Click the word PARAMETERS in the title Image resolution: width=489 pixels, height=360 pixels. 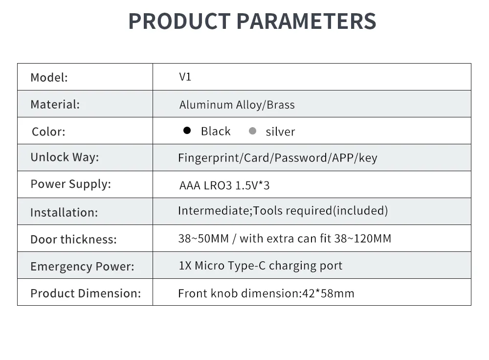click(307, 21)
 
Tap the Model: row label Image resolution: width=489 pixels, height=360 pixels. click(49, 77)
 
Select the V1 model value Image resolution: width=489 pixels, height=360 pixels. click(185, 77)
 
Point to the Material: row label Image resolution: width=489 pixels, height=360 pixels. click(55, 104)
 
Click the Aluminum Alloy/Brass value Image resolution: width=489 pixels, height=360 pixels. click(237, 105)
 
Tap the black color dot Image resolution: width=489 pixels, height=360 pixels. click(187, 131)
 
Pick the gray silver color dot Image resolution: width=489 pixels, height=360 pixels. click(253, 131)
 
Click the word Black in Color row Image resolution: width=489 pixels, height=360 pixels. click(216, 131)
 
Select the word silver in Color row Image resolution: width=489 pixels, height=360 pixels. click(280, 132)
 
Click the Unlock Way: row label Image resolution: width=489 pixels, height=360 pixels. click(65, 157)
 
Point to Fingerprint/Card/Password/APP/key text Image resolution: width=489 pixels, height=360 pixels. click(277, 158)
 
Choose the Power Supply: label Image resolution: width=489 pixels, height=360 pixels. click(70, 184)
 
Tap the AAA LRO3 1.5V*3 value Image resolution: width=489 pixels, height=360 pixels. click(224, 185)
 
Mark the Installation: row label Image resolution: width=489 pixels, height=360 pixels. click(64, 212)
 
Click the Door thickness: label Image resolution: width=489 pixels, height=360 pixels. click(73, 239)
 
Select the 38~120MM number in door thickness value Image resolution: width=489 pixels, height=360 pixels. click(363, 239)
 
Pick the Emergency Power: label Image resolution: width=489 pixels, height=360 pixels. click(82, 267)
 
